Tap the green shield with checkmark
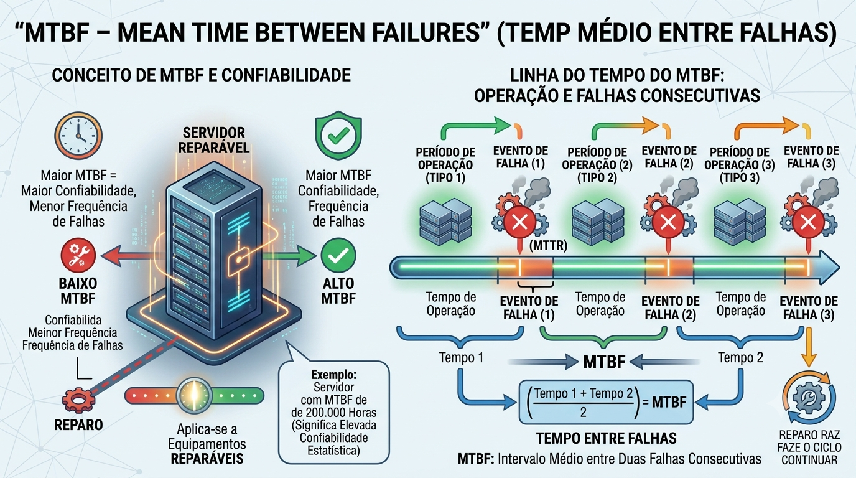click(338, 135)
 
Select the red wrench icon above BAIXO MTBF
click(78, 255)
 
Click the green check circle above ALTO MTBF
click(338, 255)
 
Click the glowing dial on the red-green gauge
click(193, 396)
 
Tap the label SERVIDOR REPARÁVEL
click(213, 140)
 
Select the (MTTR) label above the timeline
click(548, 245)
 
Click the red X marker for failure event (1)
click(519, 222)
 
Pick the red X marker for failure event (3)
click(808, 222)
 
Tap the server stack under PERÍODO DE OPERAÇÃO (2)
click(598, 221)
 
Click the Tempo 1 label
click(461, 357)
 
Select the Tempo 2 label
click(740, 357)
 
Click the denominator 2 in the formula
click(583, 412)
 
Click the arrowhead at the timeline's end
click(830, 267)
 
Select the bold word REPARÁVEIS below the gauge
click(207, 459)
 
